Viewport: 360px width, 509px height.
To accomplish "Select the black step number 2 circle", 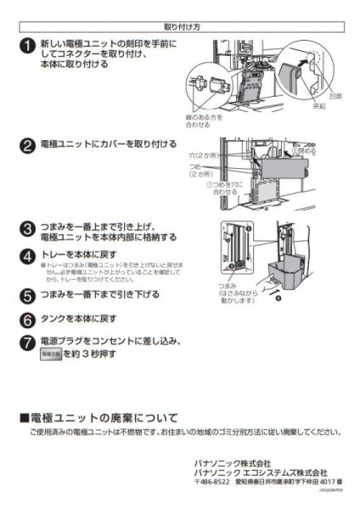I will coord(27,145).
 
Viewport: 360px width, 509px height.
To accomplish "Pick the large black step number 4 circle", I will coord(27,255).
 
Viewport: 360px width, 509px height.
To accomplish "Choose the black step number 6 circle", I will coord(27,320).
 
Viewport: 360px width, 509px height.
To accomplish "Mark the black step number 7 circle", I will coord(27,344).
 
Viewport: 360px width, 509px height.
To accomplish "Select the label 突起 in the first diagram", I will coord(318,108).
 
